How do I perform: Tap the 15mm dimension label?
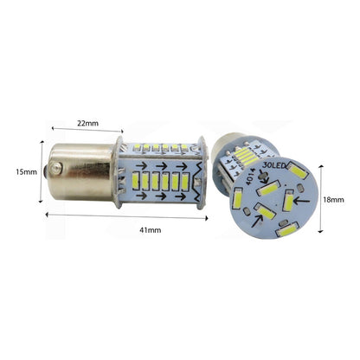coord(27,172)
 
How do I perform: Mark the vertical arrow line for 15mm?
coord(40,171)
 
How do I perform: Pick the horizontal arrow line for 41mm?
coord(126,216)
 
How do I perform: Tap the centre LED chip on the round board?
coord(267,188)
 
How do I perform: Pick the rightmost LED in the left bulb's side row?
coord(190,184)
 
